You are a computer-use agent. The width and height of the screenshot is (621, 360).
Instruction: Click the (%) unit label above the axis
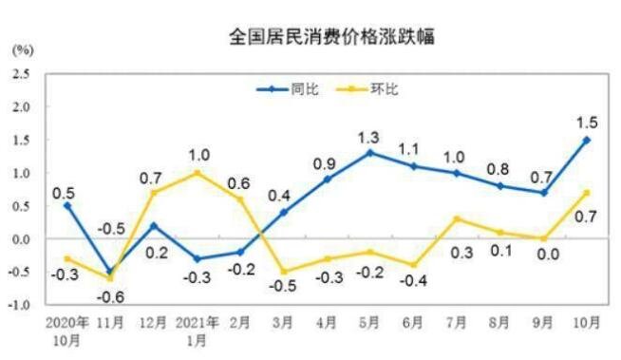pyautogui.click(x=23, y=47)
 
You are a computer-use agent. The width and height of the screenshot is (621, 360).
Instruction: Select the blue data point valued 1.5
pyautogui.click(x=587, y=140)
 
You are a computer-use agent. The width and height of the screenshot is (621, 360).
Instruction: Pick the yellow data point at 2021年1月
pyautogui.click(x=197, y=173)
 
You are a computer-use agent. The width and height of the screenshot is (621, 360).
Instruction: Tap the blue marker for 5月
pyautogui.click(x=369, y=153)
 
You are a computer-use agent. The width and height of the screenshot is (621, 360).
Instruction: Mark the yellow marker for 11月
pyautogui.click(x=110, y=278)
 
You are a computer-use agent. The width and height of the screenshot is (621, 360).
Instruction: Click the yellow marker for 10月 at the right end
pyautogui.click(x=587, y=193)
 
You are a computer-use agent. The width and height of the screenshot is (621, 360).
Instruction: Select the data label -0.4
pyautogui.click(x=413, y=282)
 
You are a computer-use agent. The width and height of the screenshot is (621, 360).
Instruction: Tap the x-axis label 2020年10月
pyautogui.click(x=66, y=329)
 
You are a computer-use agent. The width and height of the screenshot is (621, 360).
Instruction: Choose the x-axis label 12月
pyautogui.click(x=154, y=322)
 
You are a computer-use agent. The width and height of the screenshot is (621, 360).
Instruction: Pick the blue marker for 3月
pyautogui.click(x=283, y=213)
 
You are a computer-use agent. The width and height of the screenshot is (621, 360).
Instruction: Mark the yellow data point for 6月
pyautogui.click(x=413, y=265)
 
